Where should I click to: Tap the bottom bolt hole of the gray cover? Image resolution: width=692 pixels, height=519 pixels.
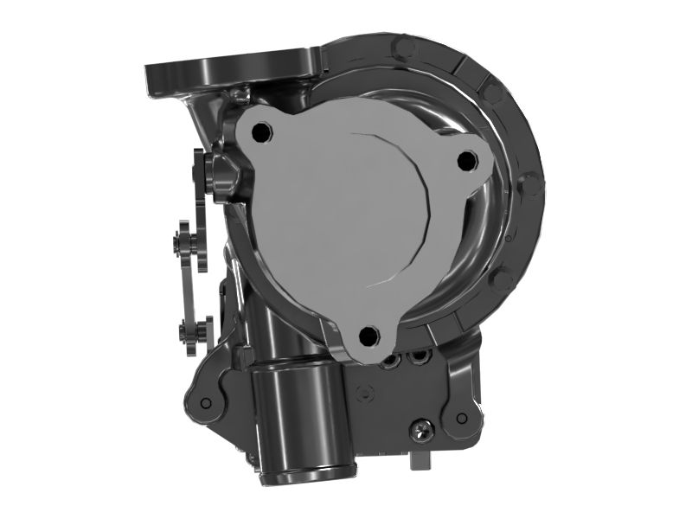pos(368,337)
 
